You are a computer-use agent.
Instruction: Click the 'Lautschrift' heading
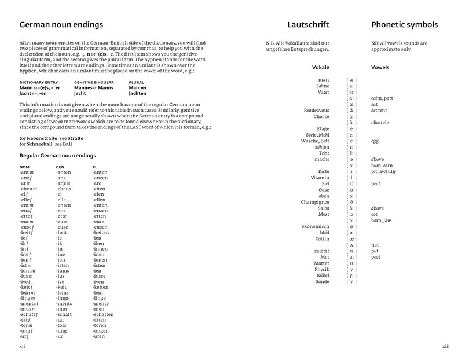(308, 25)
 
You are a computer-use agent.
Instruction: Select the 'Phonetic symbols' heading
(404, 25)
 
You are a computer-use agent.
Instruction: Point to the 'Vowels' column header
(380, 67)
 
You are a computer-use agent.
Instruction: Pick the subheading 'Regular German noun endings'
(57, 156)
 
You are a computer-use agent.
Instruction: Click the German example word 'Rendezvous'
(316, 110)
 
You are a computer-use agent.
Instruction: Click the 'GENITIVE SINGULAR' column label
(92, 83)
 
